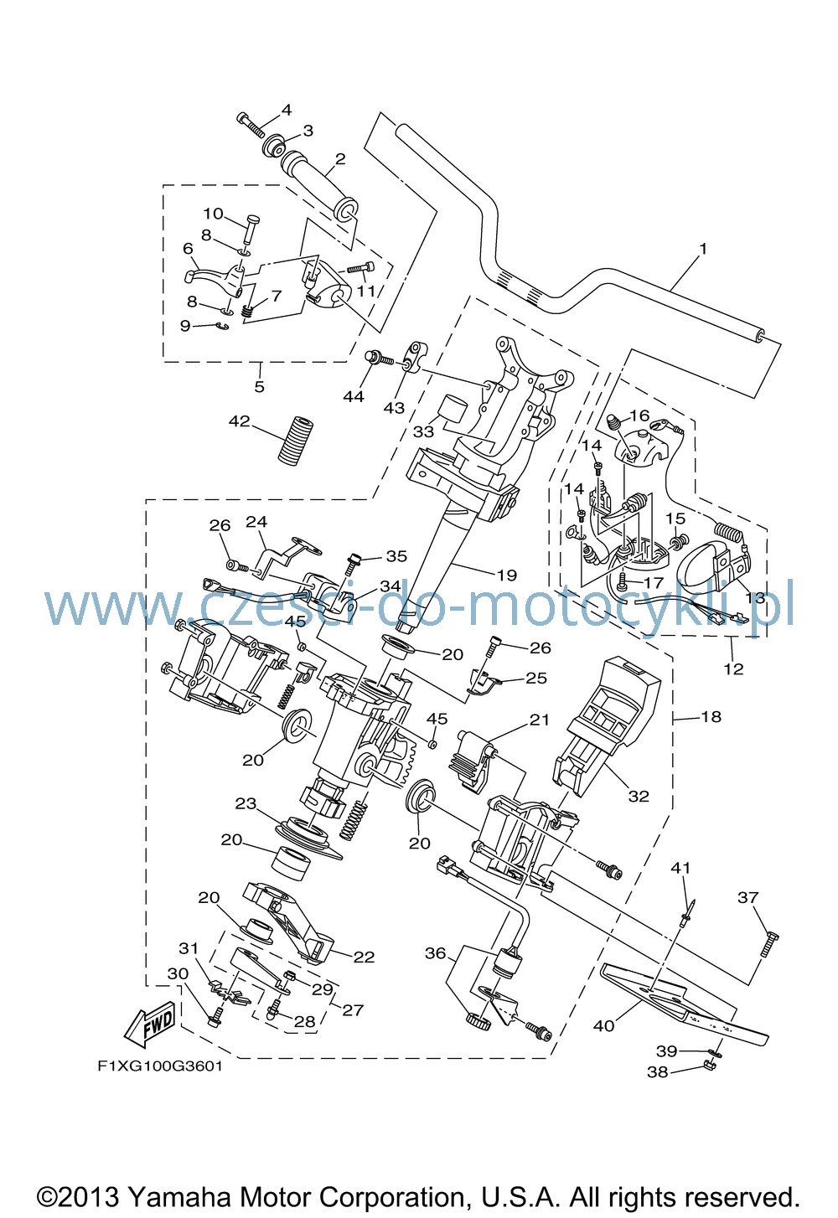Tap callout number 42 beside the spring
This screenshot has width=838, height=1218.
(x=240, y=421)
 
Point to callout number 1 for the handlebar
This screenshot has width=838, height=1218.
(x=703, y=249)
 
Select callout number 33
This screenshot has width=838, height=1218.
(x=423, y=431)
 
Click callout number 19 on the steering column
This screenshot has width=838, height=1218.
(x=507, y=575)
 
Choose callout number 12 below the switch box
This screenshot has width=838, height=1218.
(x=733, y=668)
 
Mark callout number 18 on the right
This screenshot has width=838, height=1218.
(x=711, y=716)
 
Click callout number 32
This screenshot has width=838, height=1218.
(x=639, y=796)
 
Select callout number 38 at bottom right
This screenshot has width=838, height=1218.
(x=658, y=1071)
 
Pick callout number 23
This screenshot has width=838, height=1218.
(x=246, y=803)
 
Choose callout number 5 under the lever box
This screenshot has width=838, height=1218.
(x=260, y=387)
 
